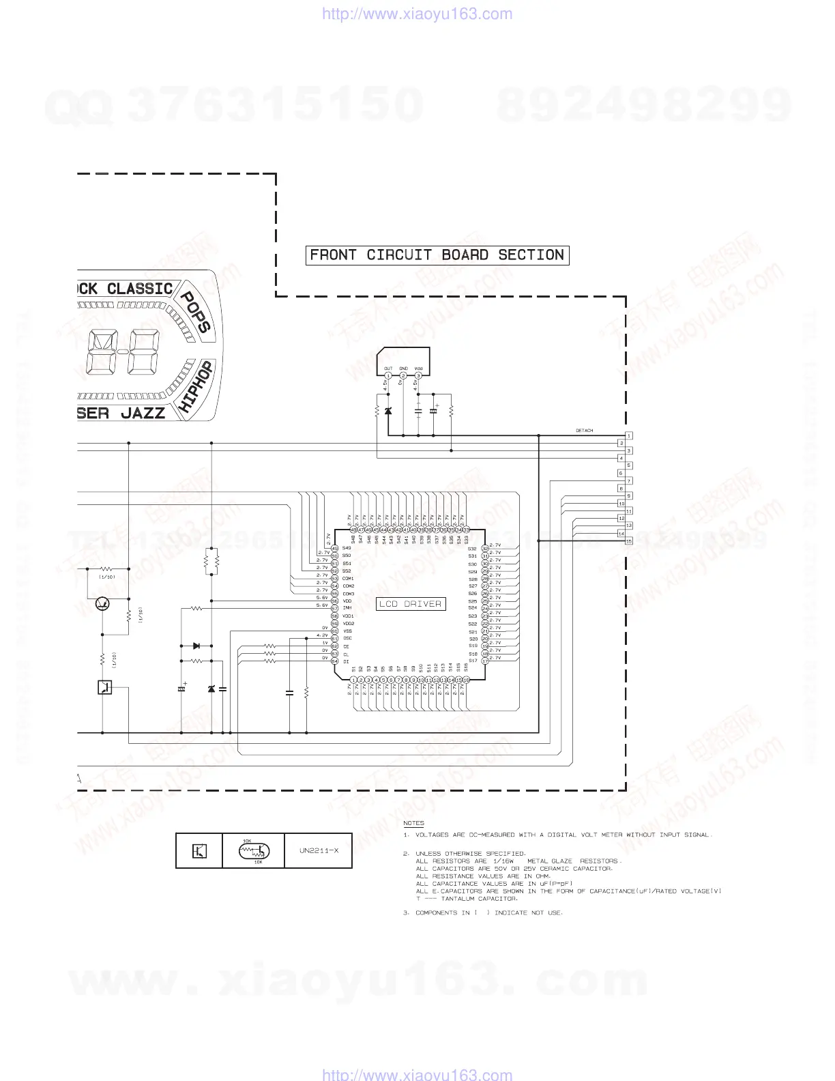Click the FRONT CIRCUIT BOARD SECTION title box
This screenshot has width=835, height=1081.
point(437,255)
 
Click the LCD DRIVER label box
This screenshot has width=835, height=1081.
point(411,604)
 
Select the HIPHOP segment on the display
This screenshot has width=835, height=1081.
point(196,387)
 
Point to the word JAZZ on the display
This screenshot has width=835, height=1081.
point(143,413)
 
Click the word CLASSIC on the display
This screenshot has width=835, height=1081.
point(140,289)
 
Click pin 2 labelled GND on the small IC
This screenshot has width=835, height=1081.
point(403,375)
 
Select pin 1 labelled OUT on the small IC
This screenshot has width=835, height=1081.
point(388,375)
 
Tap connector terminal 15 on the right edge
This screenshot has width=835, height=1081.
point(629,541)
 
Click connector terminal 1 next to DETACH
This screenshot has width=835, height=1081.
point(629,435)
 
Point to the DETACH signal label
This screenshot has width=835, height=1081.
point(585,431)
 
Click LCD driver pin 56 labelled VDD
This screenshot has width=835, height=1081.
point(335,601)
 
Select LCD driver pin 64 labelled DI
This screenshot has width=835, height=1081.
point(335,661)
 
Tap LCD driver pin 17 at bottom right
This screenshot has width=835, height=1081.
point(485,661)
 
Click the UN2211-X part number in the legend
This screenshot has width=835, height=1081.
point(319,851)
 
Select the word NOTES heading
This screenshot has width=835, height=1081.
point(413,823)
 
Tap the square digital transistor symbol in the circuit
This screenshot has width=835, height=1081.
point(104,687)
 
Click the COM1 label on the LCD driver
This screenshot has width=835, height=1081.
point(348,579)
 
